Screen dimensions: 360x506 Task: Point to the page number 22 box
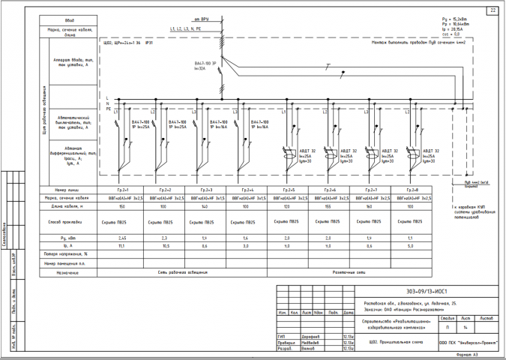pos(493,10)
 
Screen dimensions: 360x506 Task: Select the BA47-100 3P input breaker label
pos(204,65)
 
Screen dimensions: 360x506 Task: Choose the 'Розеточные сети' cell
pos(349,272)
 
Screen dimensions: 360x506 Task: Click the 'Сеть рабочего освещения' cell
pos(184,272)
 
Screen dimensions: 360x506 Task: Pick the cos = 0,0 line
pos(473,34)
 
